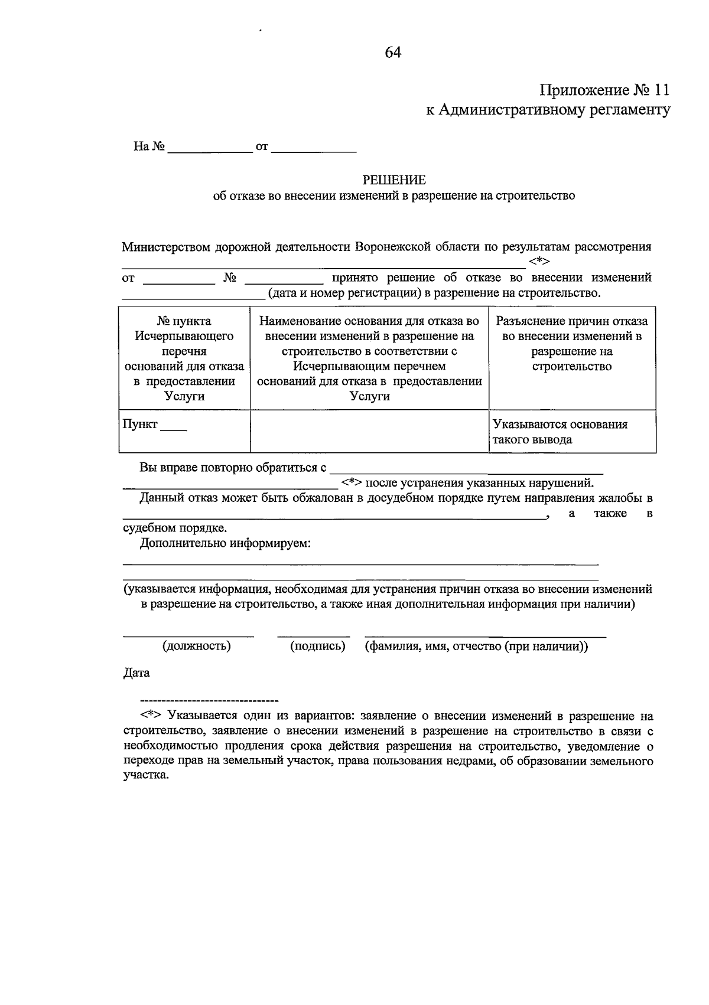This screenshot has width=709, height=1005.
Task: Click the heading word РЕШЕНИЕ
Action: (393, 180)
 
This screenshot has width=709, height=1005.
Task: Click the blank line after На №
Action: (210, 148)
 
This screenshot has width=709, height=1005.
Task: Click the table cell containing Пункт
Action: (184, 430)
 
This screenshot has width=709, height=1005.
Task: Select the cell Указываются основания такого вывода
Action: (572, 432)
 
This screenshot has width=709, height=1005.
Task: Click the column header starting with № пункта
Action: (184, 358)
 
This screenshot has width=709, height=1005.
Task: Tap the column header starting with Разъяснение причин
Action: (572, 344)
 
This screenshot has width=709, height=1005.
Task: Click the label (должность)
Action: (197, 646)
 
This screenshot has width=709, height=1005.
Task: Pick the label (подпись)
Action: (317, 646)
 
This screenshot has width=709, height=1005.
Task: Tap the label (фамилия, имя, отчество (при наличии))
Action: (476, 646)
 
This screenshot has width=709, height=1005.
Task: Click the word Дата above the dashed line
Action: (136, 673)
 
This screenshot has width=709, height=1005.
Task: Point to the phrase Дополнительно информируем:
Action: (226, 543)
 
